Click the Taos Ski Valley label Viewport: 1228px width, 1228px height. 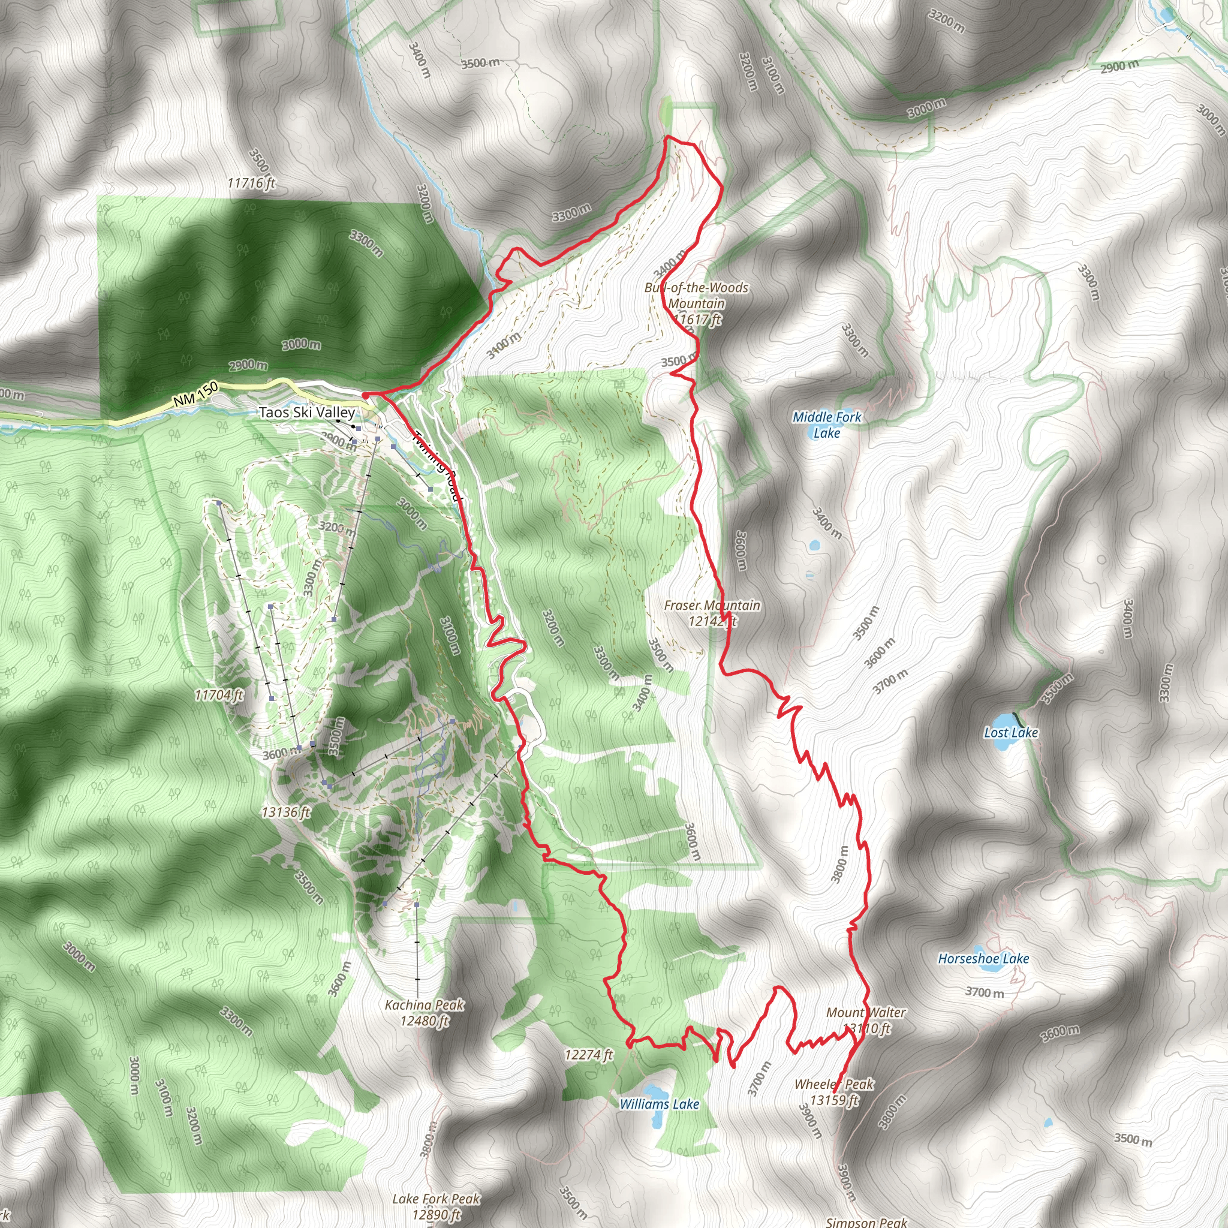306,412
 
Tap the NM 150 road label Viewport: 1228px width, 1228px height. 195,395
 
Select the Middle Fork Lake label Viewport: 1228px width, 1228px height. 826,425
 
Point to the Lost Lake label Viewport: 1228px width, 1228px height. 1010,732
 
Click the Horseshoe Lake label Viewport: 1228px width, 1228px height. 983,959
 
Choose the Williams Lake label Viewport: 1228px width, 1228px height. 659,1104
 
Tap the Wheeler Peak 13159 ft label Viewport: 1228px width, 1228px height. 834,1092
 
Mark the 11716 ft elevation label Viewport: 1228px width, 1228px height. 252,183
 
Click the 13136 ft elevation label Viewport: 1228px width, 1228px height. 286,812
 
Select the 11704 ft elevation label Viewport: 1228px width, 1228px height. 219,695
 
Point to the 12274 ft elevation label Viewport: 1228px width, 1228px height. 589,1055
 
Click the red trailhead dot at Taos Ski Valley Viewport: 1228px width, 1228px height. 367,395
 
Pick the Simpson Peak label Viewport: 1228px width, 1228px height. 866,1222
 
